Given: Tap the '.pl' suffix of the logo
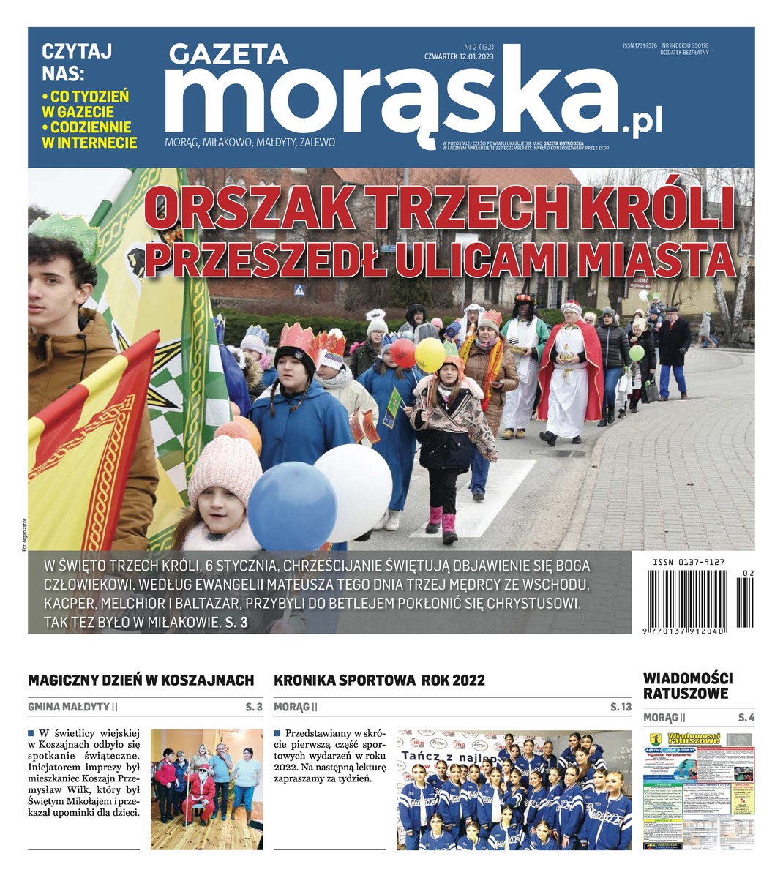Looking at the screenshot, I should click(x=642, y=124).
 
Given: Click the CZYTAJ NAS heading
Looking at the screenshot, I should click(x=77, y=63).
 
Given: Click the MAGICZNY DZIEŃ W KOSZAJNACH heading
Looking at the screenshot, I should click(x=141, y=680).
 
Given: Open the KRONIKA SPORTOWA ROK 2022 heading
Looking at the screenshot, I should click(x=379, y=680).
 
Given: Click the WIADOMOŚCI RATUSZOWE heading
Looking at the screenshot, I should click(x=687, y=686).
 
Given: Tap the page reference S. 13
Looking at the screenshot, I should click(x=621, y=708).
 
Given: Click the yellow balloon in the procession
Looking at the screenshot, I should click(x=430, y=354).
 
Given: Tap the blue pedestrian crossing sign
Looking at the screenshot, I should click(x=299, y=290).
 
